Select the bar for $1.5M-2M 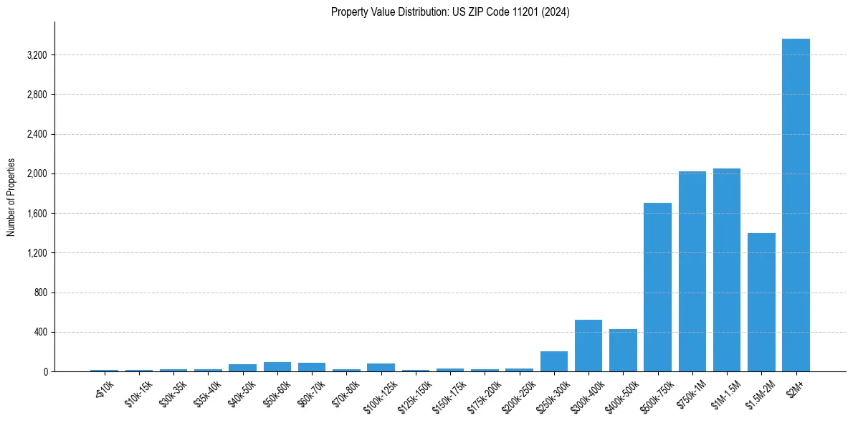(761, 302)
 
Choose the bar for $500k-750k (657, 287)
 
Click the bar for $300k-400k (588, 346)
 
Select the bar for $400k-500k (623, 350)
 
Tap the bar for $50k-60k (277, 367)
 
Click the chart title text (450, 12)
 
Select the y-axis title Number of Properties (11, 196)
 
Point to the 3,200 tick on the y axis (37, 55)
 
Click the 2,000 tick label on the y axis (37, 174)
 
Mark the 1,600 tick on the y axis (37, 214)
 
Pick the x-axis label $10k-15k (138, 391)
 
